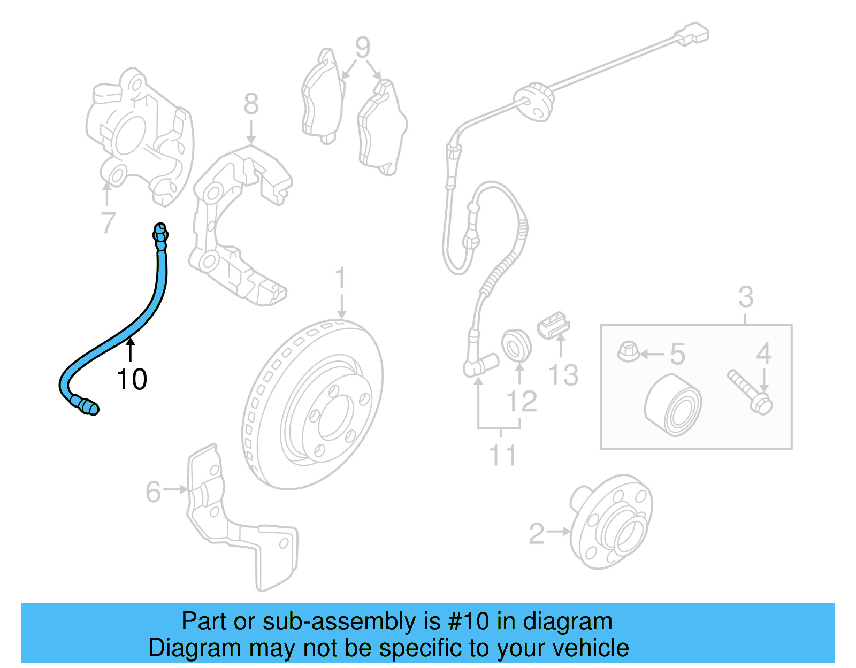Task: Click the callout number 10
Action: (132, 379)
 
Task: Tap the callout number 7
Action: (108, 222)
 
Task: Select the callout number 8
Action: (251, 104)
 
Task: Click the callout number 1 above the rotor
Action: (340, 279)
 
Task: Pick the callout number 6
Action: (153, 492)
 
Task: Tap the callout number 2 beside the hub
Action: (536, 534)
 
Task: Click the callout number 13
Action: (563, 374)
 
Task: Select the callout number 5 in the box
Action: (677, 354)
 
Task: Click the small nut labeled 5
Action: (628, 351)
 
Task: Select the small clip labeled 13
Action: (554, 325)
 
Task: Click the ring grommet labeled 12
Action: (516, 345)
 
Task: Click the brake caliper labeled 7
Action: (140, 136)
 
